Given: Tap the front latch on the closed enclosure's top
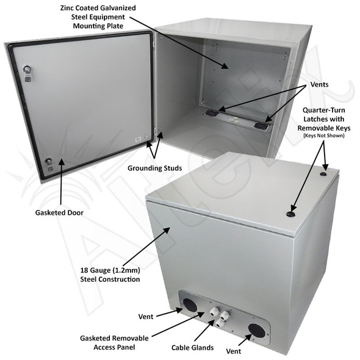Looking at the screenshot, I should (291, 215).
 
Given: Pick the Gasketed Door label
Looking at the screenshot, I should (59, 214).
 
